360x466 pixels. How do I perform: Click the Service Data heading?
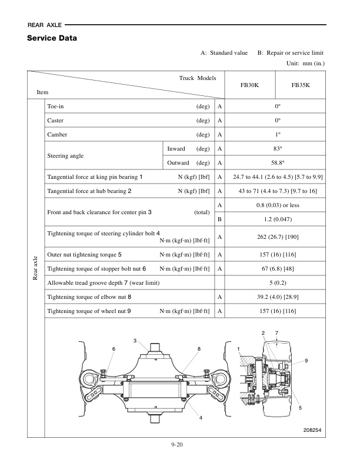tap(52, 39)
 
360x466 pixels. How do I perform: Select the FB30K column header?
tap(249, 85)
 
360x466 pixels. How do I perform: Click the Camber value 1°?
tap(275, 134)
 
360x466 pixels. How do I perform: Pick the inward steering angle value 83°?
tap(275, 148)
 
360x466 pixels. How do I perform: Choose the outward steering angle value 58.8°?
tap(275, 162)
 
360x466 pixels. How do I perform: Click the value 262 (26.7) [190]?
tap(275, 237)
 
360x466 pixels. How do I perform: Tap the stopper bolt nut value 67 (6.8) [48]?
tap(275, 269)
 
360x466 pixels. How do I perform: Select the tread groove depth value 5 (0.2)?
tap(275, 283)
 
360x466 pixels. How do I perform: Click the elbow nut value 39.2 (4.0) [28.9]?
tap(275, 297)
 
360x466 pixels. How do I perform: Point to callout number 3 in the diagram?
tap(135, 341)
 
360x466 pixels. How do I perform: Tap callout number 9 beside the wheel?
tap(306, 360)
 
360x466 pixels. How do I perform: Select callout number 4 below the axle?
tap(200, 417)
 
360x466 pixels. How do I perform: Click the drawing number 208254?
tap(309, 431)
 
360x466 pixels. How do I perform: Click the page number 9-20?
tap(179, 444)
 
